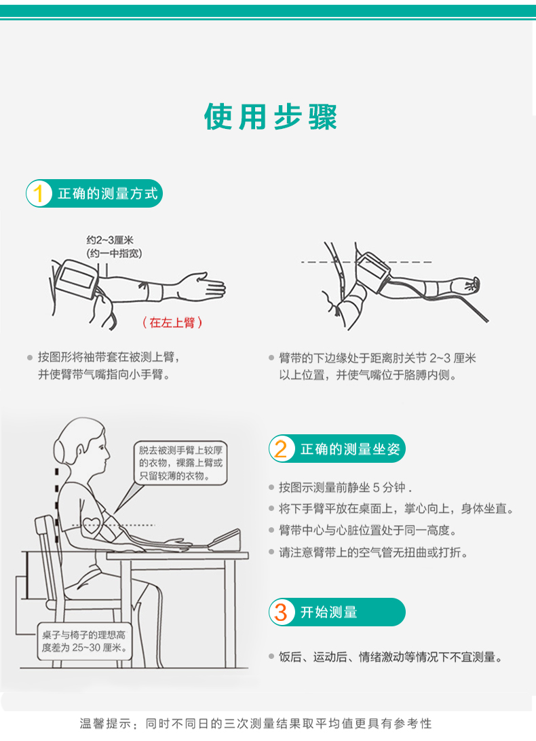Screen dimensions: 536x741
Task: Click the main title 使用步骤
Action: coord(270,117)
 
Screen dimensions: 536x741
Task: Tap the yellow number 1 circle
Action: coord(39,193)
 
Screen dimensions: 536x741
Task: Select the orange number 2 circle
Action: coord(282,449)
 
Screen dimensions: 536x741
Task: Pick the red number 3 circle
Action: coord(282,612)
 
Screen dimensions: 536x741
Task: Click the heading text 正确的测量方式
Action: coord(108,193)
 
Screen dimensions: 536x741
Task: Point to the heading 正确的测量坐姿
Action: coord(350,449)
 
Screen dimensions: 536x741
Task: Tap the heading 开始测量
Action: coord(329,613)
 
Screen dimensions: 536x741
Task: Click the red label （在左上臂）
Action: coord(172,322)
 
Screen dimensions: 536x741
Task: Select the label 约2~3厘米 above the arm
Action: coord(110,240)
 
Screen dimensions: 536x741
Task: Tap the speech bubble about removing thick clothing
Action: coord(180,463)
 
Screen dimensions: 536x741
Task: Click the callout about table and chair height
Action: coord(85,641)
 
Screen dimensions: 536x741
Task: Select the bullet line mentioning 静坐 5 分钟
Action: coord(345,487)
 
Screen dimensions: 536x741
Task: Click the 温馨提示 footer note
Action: coord(256,723)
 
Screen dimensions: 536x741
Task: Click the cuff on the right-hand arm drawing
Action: coord(373,266)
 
